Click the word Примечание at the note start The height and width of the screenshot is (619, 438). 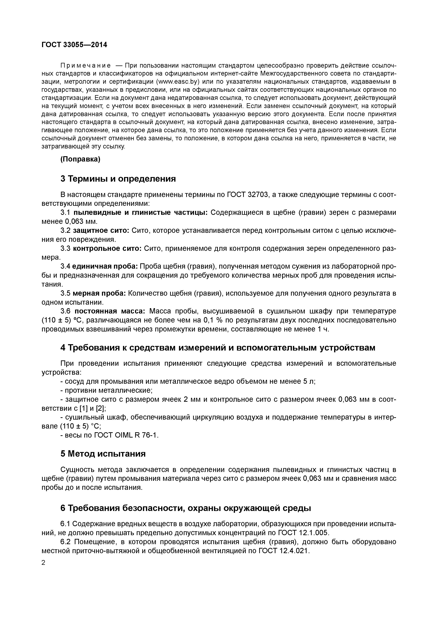click(x=85, y=65)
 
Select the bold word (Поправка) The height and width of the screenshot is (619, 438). click(x=80, y=159)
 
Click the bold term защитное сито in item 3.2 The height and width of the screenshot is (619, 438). click(x=101, y=231)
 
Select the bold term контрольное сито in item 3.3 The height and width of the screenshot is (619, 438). click(x=107, y=249)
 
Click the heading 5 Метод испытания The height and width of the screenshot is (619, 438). click(x=103, y=454)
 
